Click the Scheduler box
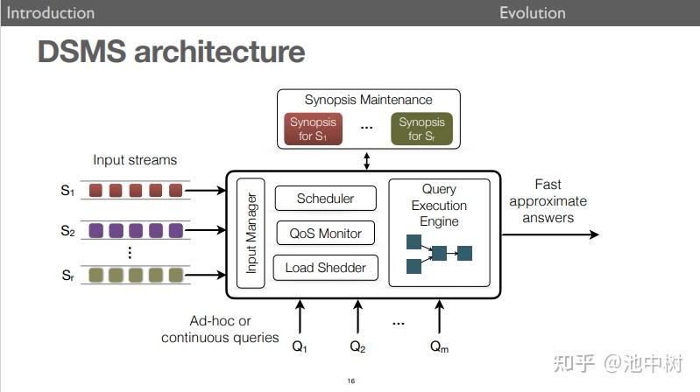click(x=325, y=199)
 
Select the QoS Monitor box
click(x=325, y=233)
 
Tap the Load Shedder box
click(x=325, y=268)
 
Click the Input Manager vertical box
click(x=251, y=233)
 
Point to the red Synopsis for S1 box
click(x=313, y=129)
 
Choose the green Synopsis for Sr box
click(x=421, y=129)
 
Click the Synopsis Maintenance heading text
click(x=368, y=100)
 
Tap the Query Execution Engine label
click(x=439, y=206)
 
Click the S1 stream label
click(x=67, y=190)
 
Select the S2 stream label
click(x=67, y=231)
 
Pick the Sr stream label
click(x=67, y=275)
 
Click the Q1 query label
click(x=300, y=346)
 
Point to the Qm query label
click(x=439, y=346)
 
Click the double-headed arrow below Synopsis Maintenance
click(x=367, y=161)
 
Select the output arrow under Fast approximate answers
click(x=550, y=234)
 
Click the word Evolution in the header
click(x=532, y=12)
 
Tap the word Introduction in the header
click(x=51, y=12)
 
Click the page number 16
click(x=350, y=381)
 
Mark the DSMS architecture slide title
click(x=171, y=52)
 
